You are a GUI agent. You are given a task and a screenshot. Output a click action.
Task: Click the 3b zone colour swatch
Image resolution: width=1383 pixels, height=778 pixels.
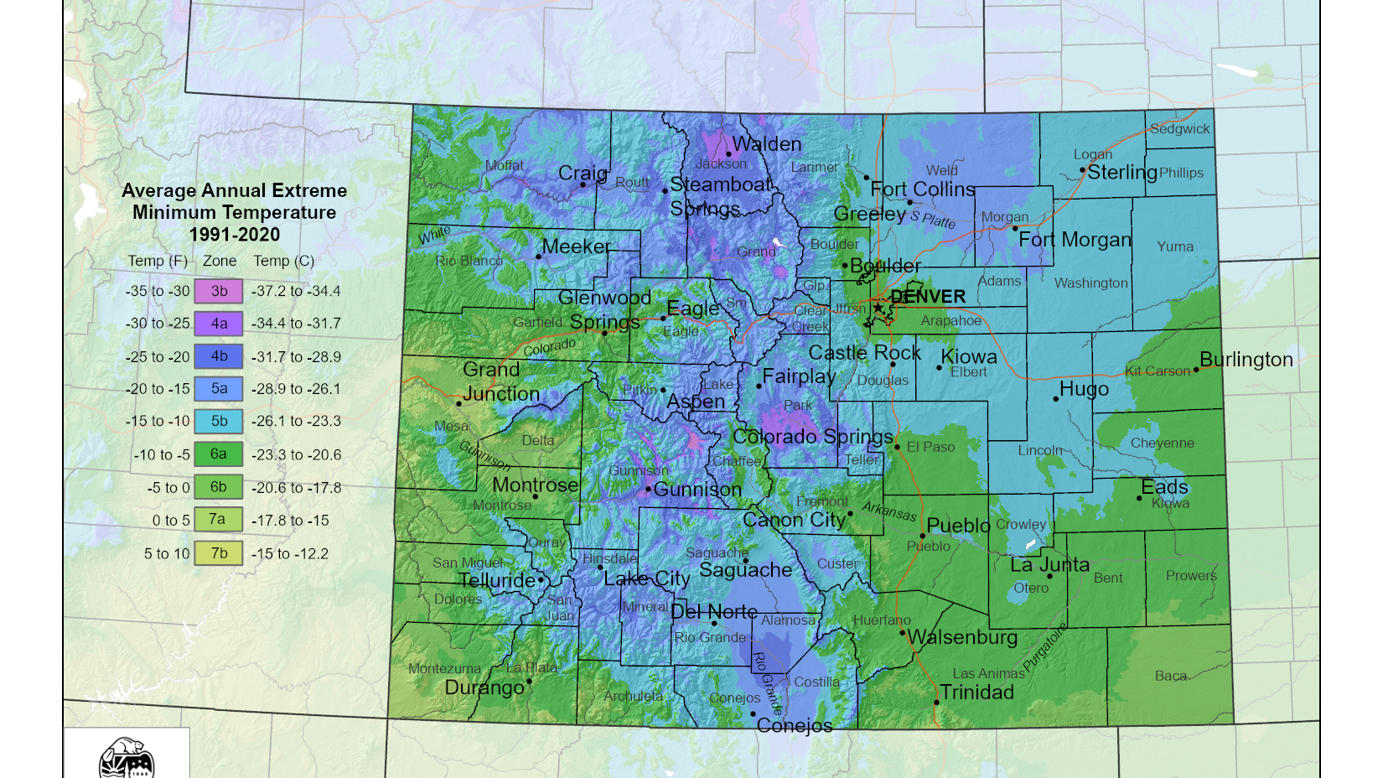219,291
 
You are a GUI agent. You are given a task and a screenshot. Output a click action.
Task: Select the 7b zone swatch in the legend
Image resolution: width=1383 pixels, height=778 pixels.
219,553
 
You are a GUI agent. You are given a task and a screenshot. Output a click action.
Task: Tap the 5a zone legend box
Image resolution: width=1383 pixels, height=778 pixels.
219,389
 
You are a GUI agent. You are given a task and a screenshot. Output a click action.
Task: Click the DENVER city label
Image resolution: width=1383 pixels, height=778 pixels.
928,297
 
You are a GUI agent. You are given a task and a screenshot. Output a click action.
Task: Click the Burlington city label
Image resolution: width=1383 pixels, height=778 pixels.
1246,360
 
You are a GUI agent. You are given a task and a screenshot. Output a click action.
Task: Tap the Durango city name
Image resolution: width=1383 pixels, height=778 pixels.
484,688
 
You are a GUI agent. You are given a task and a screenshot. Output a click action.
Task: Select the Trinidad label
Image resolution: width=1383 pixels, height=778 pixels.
977,692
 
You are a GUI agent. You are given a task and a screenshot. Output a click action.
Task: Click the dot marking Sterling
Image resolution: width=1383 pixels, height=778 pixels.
1082,170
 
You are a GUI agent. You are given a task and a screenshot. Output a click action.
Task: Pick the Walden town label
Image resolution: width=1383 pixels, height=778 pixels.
767,144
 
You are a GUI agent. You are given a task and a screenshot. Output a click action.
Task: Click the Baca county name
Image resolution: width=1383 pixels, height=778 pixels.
1171,676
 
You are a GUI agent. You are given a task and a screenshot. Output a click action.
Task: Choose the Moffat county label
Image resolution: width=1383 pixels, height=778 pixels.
505,166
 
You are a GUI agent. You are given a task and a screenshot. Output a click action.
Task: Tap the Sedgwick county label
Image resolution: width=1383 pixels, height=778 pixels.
1180,129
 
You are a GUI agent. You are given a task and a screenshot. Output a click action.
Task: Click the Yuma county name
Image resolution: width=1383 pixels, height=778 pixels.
1175,246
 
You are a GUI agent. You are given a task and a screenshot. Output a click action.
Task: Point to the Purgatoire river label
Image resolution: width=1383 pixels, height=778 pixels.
1046,647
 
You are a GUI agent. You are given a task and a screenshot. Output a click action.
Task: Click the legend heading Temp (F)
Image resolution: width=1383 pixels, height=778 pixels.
158,261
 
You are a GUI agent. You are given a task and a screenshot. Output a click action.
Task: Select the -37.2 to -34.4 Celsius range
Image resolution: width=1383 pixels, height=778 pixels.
296,292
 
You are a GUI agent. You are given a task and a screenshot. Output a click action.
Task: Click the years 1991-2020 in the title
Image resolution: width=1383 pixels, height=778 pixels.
235,235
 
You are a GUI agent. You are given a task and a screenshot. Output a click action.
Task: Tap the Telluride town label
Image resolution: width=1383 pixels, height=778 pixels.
497,580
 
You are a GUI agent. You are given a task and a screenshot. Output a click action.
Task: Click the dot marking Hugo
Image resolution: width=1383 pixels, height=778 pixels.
1056,399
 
